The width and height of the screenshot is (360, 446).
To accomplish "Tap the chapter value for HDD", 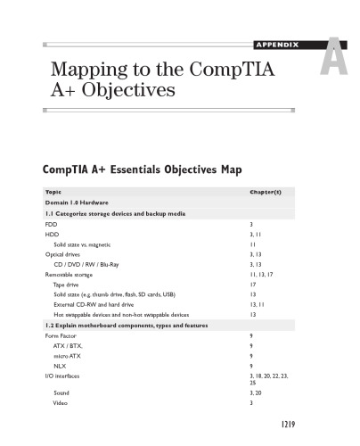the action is [x=257, y=234].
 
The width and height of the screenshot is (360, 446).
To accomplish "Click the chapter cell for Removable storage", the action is [x=263, y=275].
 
